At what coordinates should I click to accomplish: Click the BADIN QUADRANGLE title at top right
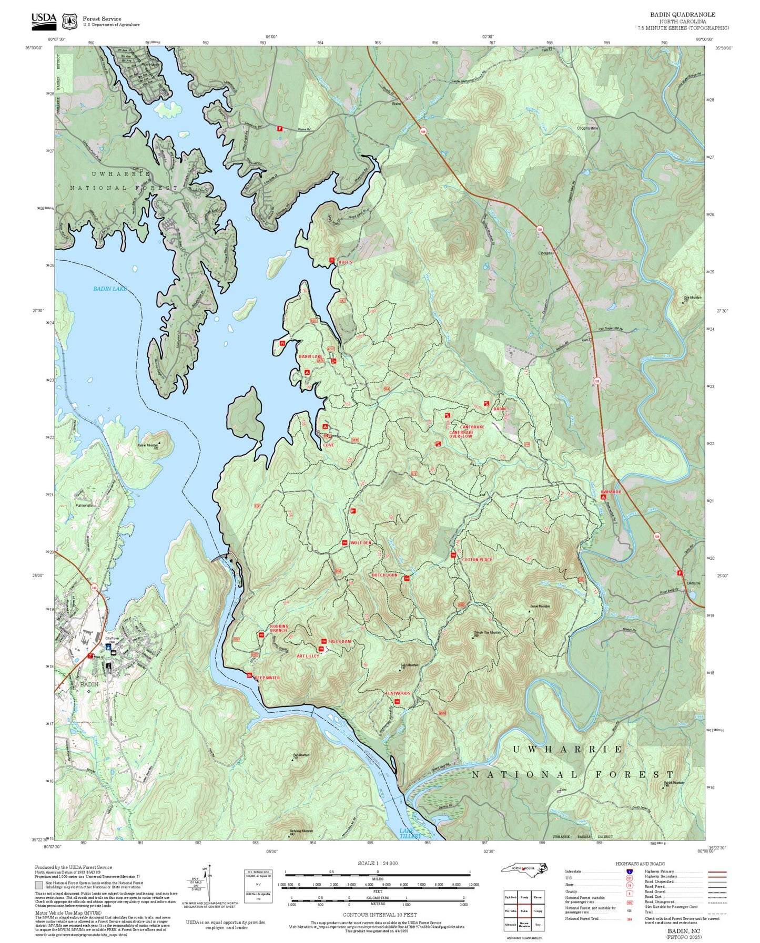pos(682,14)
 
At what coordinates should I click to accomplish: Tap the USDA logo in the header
pos(44,19)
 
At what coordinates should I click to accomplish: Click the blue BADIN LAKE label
pos(110,289)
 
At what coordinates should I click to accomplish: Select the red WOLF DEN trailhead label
pos(360,542)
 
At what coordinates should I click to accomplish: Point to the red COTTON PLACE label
pos(477,559)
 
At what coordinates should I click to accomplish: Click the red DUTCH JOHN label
pos(385,575)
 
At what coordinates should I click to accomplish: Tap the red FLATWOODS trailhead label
pos(398,693)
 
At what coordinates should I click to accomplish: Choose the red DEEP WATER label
pos(267,678)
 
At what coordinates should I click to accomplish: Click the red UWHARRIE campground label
pos(611,492)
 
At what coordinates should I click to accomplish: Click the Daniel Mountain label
pos(540,606)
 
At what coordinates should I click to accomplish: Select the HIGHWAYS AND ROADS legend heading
pos(640,864)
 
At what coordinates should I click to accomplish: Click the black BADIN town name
pos(89,684)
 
